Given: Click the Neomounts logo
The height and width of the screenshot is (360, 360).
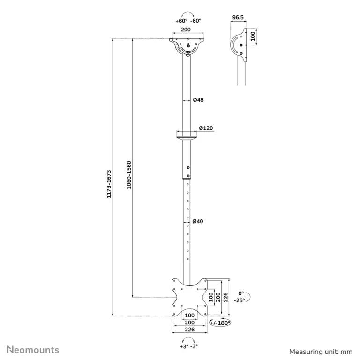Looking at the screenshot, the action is coord(33,350).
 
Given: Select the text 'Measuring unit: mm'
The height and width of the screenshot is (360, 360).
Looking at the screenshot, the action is coord(321,352).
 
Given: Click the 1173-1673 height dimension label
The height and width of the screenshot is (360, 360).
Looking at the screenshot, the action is coord(109,184).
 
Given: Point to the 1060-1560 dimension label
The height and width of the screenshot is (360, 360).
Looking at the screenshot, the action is coord(129,175).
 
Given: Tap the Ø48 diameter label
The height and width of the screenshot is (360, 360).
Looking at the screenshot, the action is coord(198,100).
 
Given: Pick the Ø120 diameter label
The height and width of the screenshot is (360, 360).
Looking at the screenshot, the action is coord(206,128).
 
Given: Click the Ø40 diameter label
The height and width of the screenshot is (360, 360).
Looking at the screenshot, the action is coord(198,221).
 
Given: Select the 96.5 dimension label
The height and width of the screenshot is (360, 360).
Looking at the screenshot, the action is coord(238,17).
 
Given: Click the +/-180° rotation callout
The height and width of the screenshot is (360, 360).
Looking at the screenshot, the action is coord(220,323).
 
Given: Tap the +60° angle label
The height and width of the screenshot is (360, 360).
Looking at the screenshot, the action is coord(181,21).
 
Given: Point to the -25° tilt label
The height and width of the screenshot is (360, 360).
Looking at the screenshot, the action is coord(240,300).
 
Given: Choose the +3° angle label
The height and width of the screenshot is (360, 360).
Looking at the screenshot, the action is coord(184,346).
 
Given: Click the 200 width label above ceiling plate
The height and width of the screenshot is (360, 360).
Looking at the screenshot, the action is coord(186,30).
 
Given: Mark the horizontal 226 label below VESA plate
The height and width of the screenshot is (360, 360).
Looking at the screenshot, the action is coord(190,330).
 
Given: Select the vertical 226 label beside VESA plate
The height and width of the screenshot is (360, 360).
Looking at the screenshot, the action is coord(225,297).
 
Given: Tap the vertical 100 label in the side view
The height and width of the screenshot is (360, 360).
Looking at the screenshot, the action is coord(253,37).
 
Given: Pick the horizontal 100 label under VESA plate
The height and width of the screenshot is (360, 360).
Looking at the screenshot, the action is coord(190,315).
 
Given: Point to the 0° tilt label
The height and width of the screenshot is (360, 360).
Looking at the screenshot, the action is coord(241,293).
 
